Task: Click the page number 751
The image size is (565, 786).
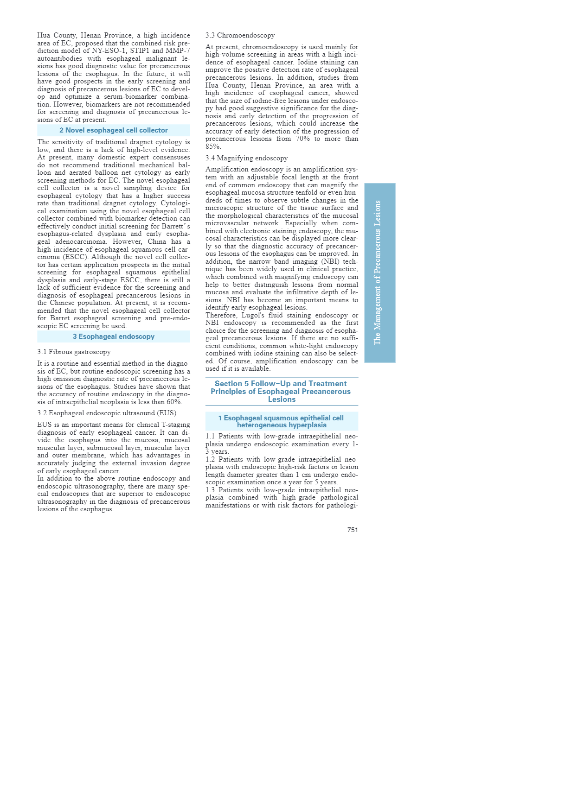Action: tap(353, 530)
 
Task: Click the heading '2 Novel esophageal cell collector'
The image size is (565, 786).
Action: tap(114, 131)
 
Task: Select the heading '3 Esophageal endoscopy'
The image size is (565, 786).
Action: tap(114, 336)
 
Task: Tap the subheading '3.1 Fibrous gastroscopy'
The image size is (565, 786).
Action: tap(74, 352)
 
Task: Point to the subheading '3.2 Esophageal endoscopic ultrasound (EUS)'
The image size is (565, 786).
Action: tap(107, 413)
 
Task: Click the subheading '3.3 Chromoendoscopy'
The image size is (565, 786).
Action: tap(240, 36)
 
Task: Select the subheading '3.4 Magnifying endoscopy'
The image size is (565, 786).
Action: tap(246, 158)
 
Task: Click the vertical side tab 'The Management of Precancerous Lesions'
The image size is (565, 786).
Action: tap(379, 273)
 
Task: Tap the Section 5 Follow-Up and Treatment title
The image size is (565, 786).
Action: tap(281, 391)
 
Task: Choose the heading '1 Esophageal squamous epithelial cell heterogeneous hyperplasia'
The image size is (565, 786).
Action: tap(281, 421)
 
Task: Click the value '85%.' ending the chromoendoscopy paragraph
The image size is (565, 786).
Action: tap(213, 146)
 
